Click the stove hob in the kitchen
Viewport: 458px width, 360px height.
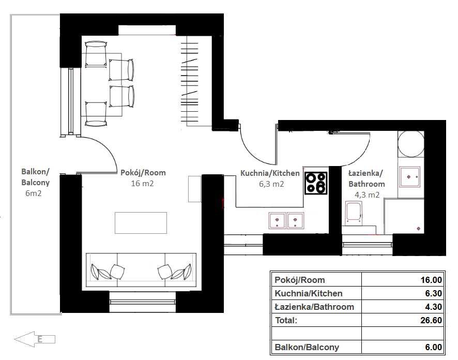[x=316, y=183]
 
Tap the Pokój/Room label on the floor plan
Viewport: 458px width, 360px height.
[x=143, y=173]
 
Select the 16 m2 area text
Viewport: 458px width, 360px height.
[x=142, y=184]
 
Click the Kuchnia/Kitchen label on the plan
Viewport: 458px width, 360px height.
[x=270, y=173]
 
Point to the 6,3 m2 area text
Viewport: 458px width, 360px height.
[x=271, y=184]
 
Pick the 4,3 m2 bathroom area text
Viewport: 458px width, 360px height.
[x=367, y=194]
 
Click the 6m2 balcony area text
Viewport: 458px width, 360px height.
[x=33, y=193]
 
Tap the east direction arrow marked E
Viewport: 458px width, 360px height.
[x=35, y=339]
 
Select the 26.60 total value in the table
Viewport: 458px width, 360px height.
[x=431, y=320]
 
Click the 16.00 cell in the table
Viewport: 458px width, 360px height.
[x=431, y=280]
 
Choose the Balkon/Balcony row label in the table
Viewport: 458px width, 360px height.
[x=307, y=347]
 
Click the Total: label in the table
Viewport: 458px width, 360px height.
[x=286, y=320]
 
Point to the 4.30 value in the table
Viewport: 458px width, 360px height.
[x=434, y=307]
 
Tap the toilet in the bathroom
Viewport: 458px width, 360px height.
[x=354, y=213]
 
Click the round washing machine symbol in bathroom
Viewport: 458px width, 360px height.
[x=411, y=143]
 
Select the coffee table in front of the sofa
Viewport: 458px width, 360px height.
[x=141, y=223]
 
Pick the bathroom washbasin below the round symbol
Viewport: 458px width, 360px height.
[x=410, y=177]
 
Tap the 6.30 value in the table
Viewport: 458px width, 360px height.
[x=434, y=293]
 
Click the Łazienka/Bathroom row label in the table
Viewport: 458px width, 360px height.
[x=315, y=307]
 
